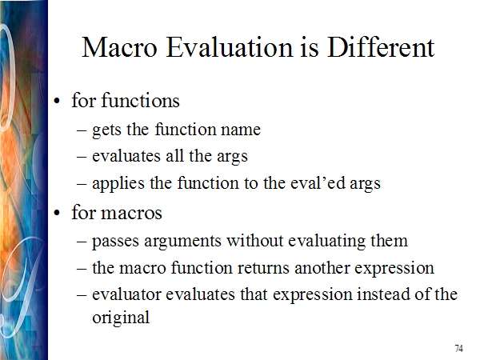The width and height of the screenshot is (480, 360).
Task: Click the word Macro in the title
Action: (119, 47)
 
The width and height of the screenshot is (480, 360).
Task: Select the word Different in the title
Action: (381, 47)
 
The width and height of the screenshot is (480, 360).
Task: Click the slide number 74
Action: (459, 348)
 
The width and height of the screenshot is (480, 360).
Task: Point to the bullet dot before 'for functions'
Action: (57, 101)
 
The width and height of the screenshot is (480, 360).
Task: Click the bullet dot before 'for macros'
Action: (57, 213)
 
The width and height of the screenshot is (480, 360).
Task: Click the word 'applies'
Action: (118, 184)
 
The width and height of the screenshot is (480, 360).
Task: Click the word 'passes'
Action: (115, 242)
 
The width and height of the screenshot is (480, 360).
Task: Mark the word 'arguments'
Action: (182, 242)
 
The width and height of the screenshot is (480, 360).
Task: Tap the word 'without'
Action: (255, 241)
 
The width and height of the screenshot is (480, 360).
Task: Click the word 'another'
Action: (322, 268)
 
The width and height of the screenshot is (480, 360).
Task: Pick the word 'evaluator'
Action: (126, 294)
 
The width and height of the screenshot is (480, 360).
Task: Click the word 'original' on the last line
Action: (121, 318)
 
